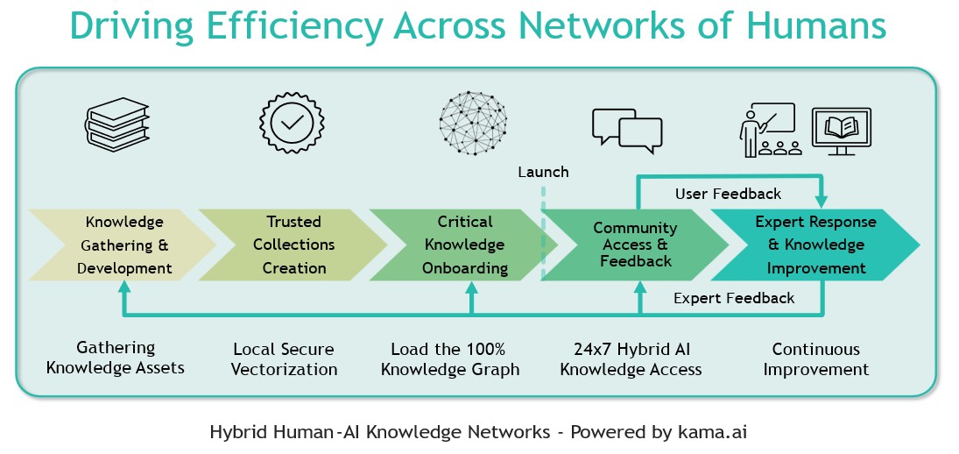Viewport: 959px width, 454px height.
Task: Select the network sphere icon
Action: [x=472, y=124]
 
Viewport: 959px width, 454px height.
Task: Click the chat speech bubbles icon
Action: [x=626, y=129]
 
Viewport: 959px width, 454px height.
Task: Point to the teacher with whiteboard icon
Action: [x=768, y=130]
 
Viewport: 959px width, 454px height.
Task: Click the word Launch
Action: [x=543, y=172]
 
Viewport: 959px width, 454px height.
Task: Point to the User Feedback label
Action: [x=728, y=193]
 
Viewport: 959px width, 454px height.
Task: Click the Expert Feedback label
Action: [x=734, y=298]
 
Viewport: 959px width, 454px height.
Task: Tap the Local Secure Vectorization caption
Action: [x=284, y=359]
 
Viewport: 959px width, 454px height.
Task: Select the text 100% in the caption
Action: [x=484, y=350]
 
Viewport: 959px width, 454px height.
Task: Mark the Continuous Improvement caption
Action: [x=815, y=359]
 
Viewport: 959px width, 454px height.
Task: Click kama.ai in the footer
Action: [x=714, y=432]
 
